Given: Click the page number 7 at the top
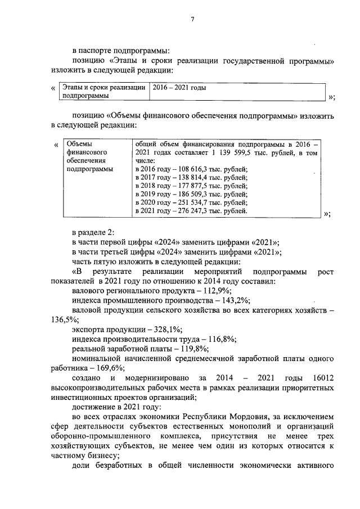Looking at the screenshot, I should pyautogui.click(x=192, y=20).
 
